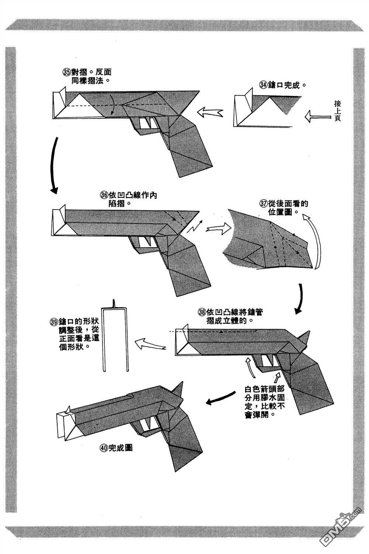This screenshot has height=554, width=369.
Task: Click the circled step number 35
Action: [x=67, y=72]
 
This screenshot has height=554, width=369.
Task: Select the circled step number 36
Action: [x=104, y=195]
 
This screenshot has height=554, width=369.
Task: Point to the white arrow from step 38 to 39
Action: [x=149, y=346]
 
